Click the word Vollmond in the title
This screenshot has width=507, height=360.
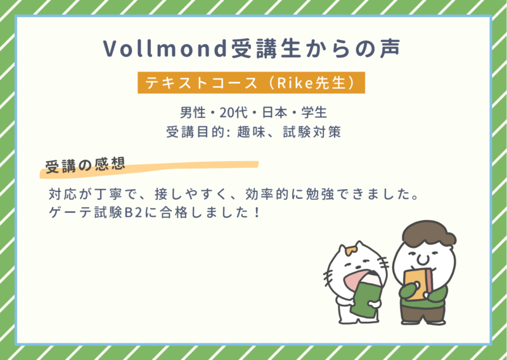coord(165,49)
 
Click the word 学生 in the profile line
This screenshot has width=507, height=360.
coord(314,113)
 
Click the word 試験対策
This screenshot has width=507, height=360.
coord(312,132)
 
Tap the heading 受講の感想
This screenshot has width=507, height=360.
coord(85,165)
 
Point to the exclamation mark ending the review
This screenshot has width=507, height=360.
coord(257,213)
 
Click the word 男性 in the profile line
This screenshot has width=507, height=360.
coord(193,113)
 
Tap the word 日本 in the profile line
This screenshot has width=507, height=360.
coord(274,113)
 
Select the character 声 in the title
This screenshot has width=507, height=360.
coord(390,49)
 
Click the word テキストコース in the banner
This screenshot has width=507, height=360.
coord(201,83)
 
